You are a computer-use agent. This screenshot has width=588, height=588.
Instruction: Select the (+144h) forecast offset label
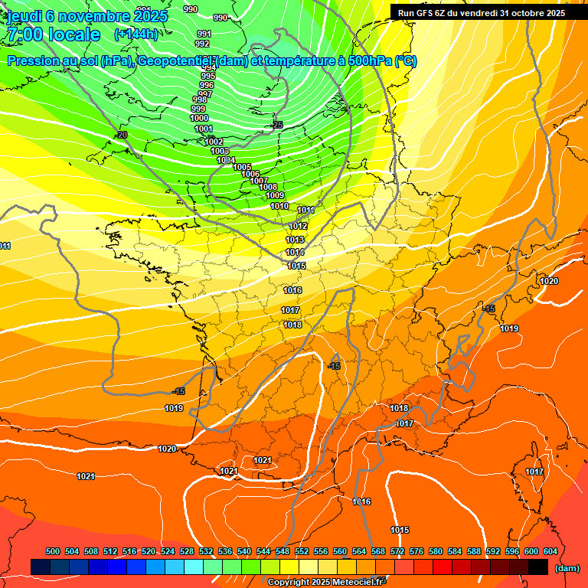click(136, 34)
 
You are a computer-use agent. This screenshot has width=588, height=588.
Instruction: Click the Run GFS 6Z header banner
click(482, 12)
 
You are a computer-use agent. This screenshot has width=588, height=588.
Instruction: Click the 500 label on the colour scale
click(53, 551)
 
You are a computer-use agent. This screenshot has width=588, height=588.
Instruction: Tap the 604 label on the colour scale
click(550, 551)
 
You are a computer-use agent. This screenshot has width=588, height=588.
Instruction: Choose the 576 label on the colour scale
click(416, 551)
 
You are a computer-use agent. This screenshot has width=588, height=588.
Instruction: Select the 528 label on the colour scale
click(187, 551)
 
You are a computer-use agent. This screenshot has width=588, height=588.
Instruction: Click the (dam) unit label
click(567, 568)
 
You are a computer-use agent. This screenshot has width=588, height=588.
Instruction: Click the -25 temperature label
click(277, 124)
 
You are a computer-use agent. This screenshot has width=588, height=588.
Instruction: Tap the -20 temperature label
click(121, 135)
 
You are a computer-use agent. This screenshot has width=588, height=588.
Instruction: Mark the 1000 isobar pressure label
click(199, 118)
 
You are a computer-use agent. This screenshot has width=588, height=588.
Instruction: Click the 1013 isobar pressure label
click(295, 240)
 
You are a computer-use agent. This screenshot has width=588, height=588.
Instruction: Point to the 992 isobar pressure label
click(202, 44)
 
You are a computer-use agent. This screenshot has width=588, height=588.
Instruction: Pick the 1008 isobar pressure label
click(268, 187)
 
